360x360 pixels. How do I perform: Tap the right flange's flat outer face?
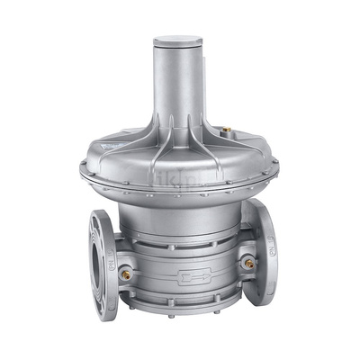point(266,261)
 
